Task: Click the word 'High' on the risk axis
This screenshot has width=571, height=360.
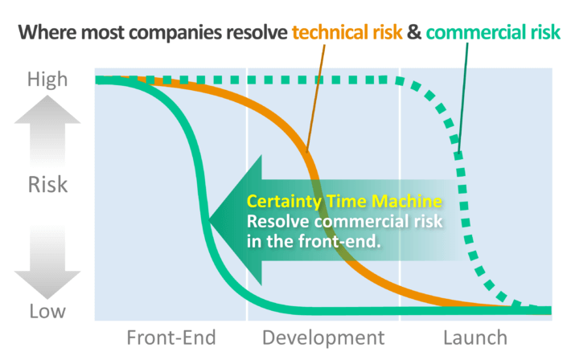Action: [x=47, y=80]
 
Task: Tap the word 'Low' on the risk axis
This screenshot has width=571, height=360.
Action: [x=47, y=311]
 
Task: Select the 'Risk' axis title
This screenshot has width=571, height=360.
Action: [x=47, y=185]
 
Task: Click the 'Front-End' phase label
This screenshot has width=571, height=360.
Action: [x=171, y=337]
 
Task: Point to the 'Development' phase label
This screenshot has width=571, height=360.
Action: [x=323, y=337]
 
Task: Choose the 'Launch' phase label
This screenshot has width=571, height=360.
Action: [x=475, y=337]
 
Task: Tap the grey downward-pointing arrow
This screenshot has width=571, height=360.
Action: [x=47, y=263]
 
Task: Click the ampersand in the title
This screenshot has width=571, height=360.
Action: [x=414, y=32]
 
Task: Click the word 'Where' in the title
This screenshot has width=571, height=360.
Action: [x=47, y=32]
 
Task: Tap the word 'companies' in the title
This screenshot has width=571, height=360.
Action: [x=175, y=33]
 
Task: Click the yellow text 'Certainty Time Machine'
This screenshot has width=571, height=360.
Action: [x=344, y=201]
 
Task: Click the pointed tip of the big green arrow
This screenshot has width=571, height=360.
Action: [x=208, y=220]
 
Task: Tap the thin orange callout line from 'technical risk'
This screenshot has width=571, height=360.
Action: [x=315, y=98]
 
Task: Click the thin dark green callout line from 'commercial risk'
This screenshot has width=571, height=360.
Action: [x=463, y=97]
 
